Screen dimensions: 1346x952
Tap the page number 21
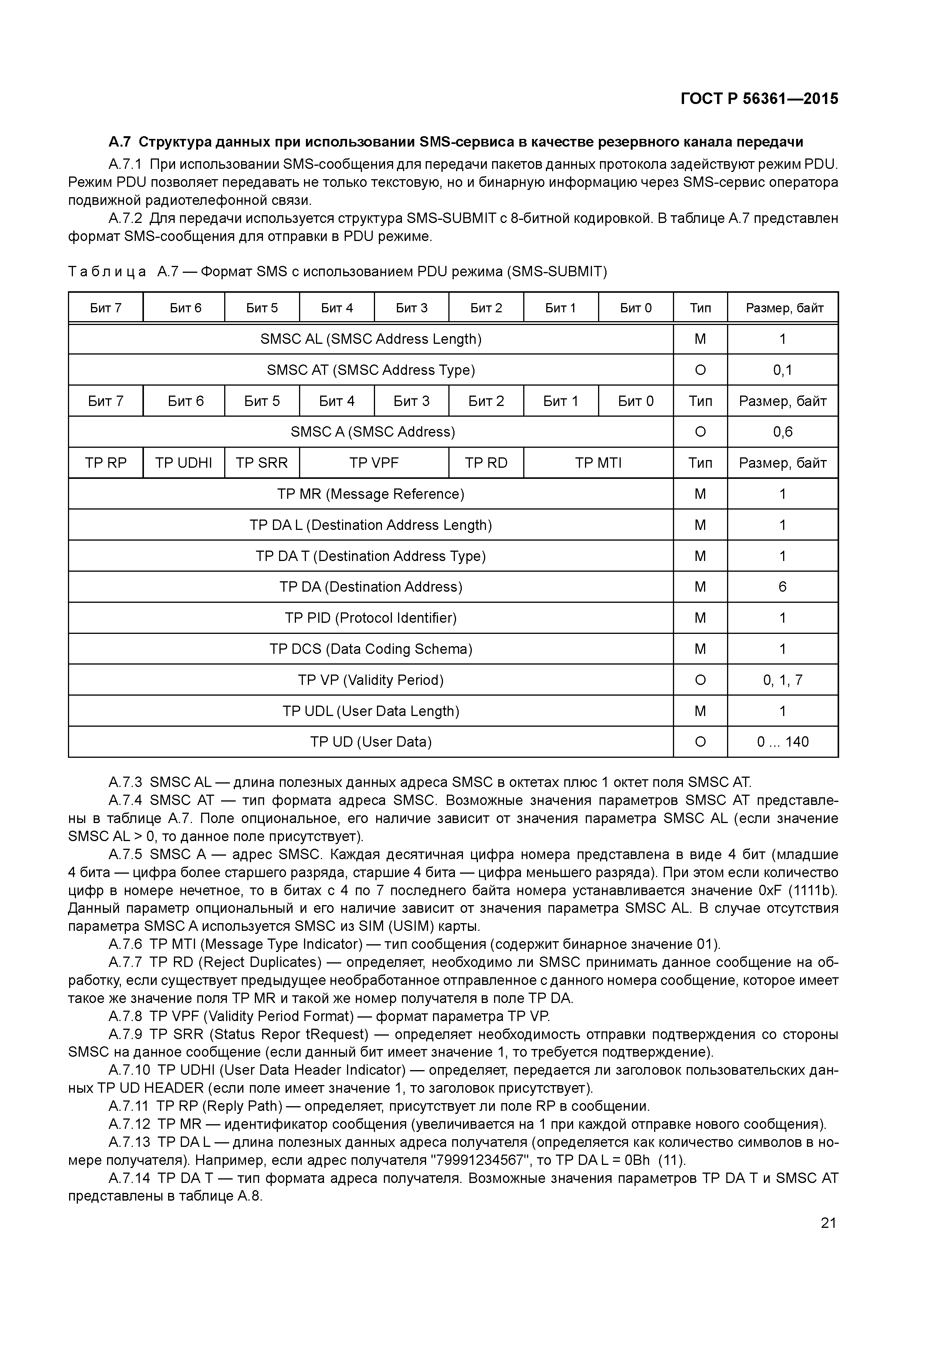[828, 1223]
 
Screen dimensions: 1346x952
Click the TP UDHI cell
[183, 463]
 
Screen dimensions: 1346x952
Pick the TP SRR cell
[262, 463]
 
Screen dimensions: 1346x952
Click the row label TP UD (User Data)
[371, 742]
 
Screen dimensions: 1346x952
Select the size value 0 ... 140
[782, 742]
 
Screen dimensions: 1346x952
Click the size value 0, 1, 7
[782, 680]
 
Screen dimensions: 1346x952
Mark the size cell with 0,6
[782, 432]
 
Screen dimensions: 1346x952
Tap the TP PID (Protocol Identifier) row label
[371, 618]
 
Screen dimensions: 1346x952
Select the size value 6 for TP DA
[782, 587]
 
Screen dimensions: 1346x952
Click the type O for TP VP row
[700, 680]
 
